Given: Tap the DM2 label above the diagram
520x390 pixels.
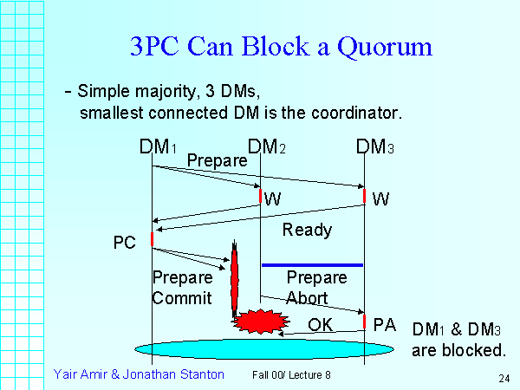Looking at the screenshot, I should click(x=266, y=147).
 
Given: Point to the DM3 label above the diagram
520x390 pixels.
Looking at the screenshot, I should click(x=375, y=147).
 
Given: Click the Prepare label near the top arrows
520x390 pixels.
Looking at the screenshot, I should click(x=217, y=160).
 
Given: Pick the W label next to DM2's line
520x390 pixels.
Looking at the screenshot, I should click(x=273, y=199).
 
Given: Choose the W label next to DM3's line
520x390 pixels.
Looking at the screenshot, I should click(x=380, y=199).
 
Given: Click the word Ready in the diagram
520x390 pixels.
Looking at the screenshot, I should click(x=307, y=230).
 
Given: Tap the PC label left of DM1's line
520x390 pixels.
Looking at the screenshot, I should click(x=126, y=242).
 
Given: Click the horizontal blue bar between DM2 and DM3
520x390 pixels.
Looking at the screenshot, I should click(x=312, y=264).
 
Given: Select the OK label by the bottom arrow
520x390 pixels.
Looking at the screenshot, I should click(x=320, y=325).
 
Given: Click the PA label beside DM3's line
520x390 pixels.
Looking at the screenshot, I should click(x=384, y=325).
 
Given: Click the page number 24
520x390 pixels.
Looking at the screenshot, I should click(x=503, y=379).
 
